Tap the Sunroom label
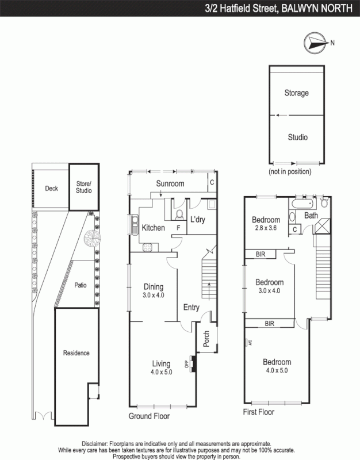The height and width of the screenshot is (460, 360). (170, 183)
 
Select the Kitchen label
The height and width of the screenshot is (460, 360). (154, 228)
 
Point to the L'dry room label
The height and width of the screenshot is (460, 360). (198, 220)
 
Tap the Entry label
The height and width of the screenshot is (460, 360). (191, 308)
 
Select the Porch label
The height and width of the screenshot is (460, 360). (206, 341)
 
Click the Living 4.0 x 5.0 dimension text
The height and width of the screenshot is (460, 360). (162, 372)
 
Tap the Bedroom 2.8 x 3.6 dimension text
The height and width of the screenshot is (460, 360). (266, 228)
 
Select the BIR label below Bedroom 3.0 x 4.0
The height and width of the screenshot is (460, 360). (269, 324)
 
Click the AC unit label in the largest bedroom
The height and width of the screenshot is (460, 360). (249, 343)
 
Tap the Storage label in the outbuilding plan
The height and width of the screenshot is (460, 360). (297, 93)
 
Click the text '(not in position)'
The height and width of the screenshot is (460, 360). (290, 171)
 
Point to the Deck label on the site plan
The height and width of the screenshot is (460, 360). (52, 189)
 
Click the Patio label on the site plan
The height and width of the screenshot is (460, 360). (80, 285)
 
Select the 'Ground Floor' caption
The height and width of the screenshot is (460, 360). (148, 415)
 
